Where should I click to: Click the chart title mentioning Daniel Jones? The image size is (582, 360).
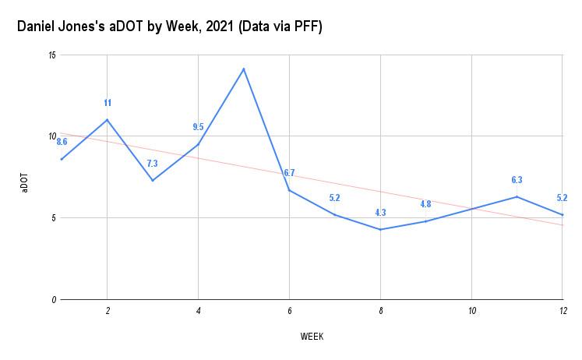click(170, 26)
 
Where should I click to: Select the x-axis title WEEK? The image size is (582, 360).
click(312, 337)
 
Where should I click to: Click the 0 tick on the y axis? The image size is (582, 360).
click(53, 299)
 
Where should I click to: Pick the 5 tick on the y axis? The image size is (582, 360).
click(53, 218)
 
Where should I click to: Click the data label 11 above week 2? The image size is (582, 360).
click(108, 103)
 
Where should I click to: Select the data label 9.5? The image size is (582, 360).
click(198, 127)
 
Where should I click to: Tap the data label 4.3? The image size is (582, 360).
click(380, 213)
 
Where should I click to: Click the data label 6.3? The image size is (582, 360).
click(517, 180)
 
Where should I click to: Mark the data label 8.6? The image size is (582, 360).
click(62, 142)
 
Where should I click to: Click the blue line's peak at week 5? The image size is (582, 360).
click(244, 69)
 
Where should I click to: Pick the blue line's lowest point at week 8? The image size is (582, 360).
click(380, 229)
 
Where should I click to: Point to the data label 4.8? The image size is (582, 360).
click(425, 204)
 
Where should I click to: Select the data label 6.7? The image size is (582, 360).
click(289, 173)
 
